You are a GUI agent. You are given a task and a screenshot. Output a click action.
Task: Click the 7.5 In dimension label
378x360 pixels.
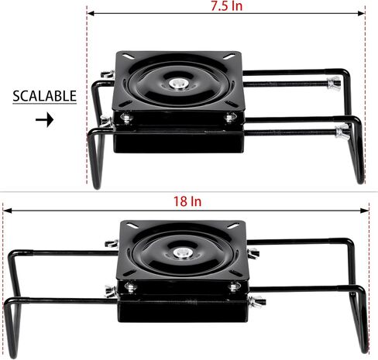pos(227,5)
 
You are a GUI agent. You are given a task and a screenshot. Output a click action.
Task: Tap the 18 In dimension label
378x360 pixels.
pos(187,201)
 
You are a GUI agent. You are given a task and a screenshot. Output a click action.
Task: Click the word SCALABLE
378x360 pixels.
pos(45,96)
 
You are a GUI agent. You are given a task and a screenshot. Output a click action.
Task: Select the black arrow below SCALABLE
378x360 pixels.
pos(45,120)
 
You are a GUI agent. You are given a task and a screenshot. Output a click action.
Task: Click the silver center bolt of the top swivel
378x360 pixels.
pos(178,84)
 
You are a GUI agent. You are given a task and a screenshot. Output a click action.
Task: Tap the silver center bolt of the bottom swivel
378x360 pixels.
pos(182,253)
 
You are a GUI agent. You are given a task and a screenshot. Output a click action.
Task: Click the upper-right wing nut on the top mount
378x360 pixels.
pos(334,83)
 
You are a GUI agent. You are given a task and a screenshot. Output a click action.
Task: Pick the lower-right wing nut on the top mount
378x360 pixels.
pos(342,132)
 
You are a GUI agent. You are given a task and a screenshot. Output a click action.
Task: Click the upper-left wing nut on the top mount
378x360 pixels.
pos(107,74)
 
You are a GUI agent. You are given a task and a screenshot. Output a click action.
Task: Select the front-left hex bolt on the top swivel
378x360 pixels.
pos(126,118)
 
